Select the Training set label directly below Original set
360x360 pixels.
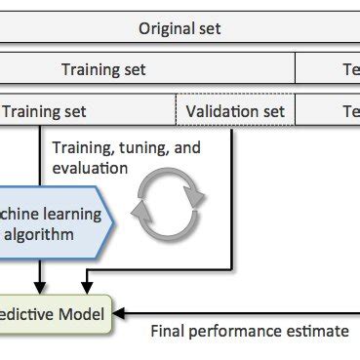tap(103, 69)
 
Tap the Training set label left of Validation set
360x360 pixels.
tap(44, 111)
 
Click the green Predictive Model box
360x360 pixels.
tap(59, 313)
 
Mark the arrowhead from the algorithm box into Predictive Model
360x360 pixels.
tap(40, 287)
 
